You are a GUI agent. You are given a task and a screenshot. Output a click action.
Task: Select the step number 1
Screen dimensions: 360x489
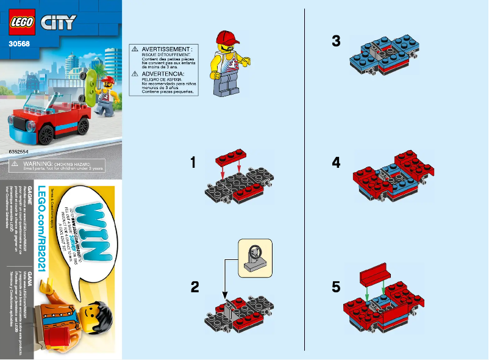point(193,162)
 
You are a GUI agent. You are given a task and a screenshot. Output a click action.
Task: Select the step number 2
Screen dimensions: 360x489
point(195,287)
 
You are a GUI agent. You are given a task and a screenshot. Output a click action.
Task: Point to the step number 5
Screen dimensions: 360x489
point(336,287)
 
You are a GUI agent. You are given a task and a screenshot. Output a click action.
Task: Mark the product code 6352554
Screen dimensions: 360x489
point(21,149)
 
